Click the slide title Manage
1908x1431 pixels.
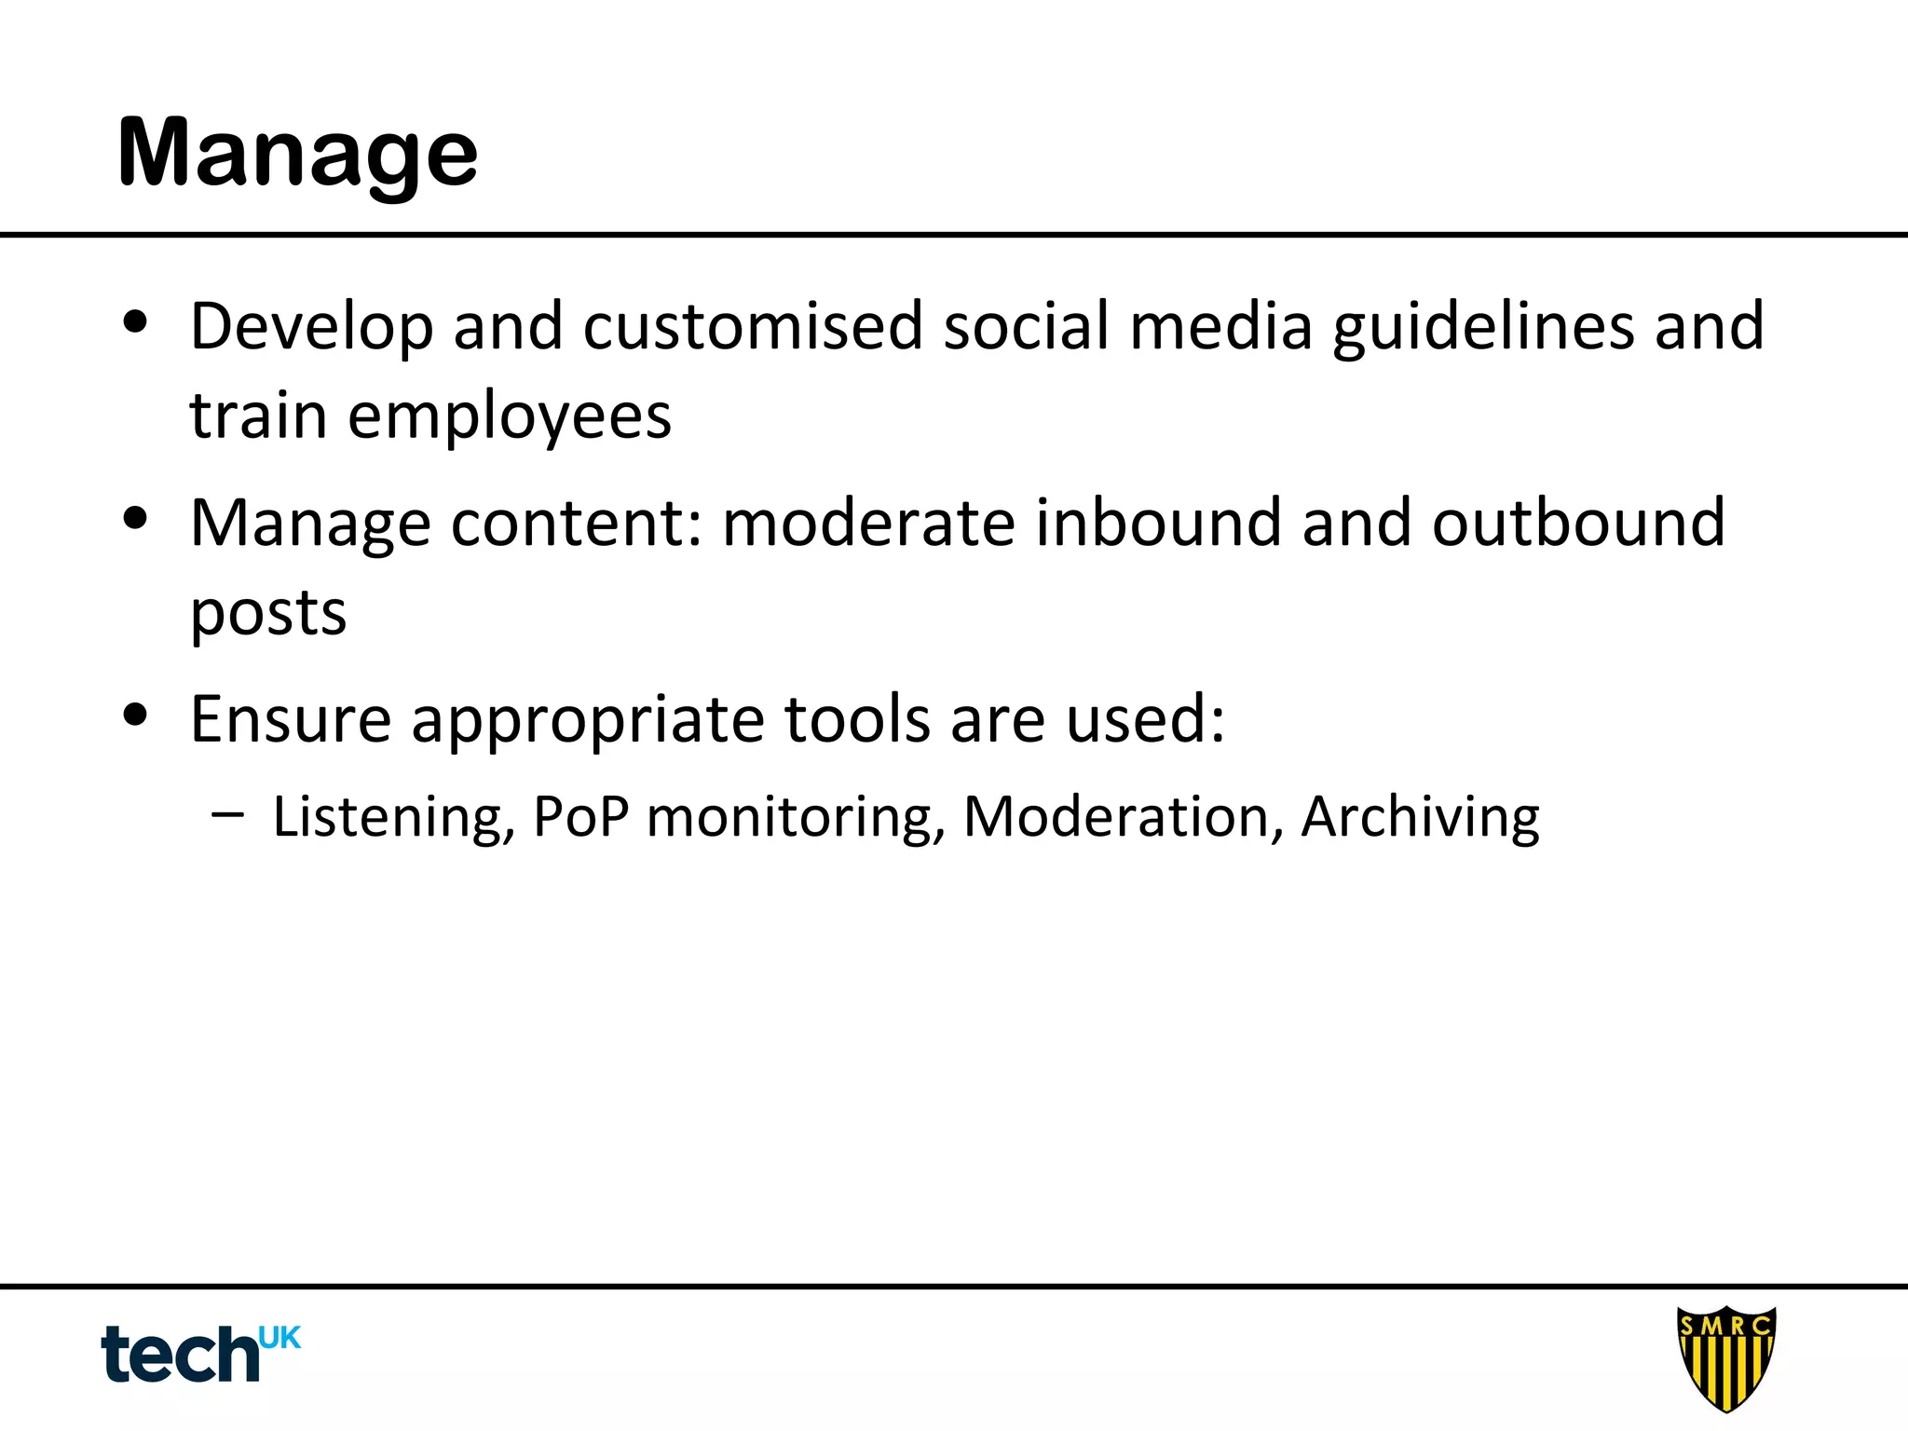297,154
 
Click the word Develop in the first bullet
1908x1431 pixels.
311,327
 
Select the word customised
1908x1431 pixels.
753,327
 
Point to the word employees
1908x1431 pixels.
510,416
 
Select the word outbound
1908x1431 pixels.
1578,523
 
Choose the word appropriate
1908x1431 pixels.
588,721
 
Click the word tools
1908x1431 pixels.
857,719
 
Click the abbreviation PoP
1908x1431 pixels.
580,818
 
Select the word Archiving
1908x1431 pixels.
1420,818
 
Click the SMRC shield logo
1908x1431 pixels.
1726,1358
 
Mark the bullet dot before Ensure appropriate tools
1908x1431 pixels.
136,715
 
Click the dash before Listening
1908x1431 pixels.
227,814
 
